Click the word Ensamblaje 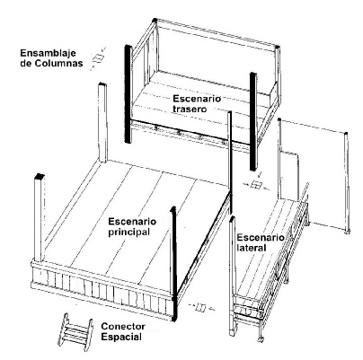click(x=48, y=54)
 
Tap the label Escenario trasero click(x=197, y=103)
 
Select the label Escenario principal click(x=132, y=227)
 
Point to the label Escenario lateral click(x=261, y=242)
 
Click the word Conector click(x=123, y=326)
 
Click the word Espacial click(x=121, y=337)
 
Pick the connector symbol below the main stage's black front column click(x=201, y=307)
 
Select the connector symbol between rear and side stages click(x=255, y=184)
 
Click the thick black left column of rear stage click(x=128, y=94)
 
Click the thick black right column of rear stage click(x=253, y=121)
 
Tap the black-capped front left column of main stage click(x=40, y=218)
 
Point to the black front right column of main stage click(x=173, y=263)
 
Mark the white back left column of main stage click(x=102, y=122)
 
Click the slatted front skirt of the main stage click(x=102, y=289)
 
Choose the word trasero click(x=190, y=109)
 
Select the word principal click(x=128, y=233)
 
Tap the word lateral click(x=252, y=248)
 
